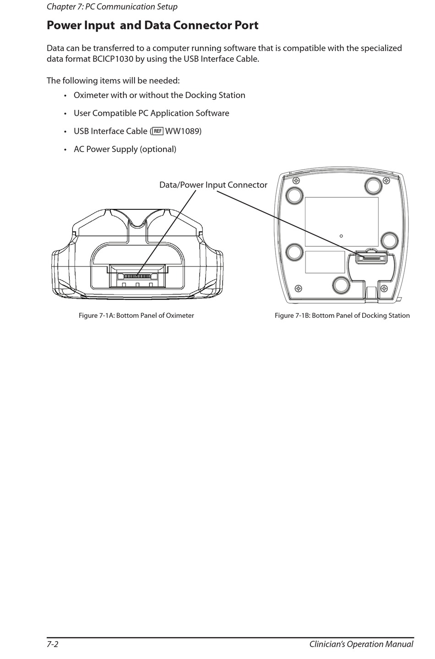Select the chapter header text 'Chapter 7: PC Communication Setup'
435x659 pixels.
pyautogui.click(x=112, y=6)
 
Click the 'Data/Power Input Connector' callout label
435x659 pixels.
pyautogui.click(x=213, y=185)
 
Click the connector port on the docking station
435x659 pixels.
pyautogui.click(x=371, y=259)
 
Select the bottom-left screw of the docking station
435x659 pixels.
pyautogui.click(x=299, y=289)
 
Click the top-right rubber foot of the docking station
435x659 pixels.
pyautogui.click(x=374, y=184)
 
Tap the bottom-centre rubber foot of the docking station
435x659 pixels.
pyautogui.click(x=342, y=285)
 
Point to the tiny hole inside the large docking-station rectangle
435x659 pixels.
pyautogui.click(x=341, y=236)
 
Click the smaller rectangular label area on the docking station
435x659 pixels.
pyautogui.click(x=325, y=262)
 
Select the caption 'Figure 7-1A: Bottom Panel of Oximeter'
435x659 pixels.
pyautogui.click(x=136, y=316)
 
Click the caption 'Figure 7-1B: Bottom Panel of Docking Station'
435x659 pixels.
pyautogui.click(x=342, y=316)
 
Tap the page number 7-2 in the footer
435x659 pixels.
pyautogui.click(x=52, y=644)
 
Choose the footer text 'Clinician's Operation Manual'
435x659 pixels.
pyautogui.click(x=361, y=644)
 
